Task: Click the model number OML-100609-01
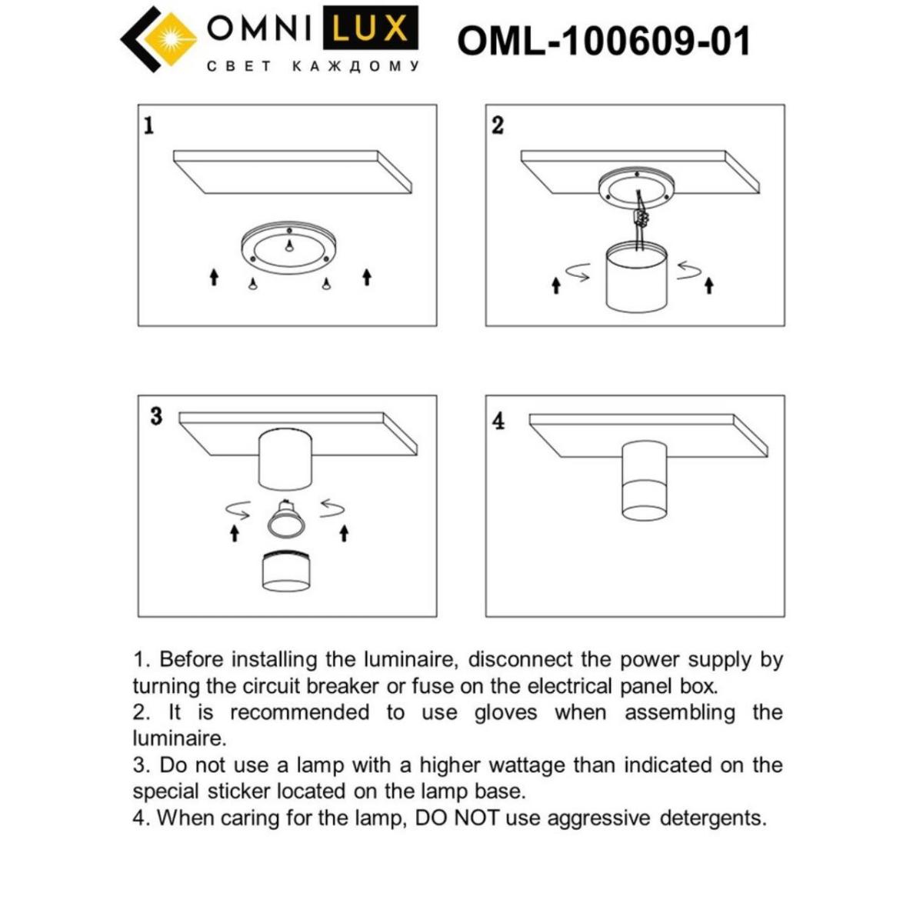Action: click(x=603, y=40)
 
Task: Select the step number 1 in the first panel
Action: click(x=149, y=125)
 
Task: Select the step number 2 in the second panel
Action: click(x=498, y=125)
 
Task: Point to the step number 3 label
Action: click(x=156, y=417)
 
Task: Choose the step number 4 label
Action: click(x=498, y=421)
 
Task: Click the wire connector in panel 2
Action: click(x=638, y=218)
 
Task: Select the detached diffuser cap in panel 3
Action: click(x=287, y=572)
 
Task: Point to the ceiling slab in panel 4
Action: click(x=648, y=435)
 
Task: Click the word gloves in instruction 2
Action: click(x=505, y=712)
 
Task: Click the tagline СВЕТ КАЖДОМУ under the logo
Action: click(x=312, y=67)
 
